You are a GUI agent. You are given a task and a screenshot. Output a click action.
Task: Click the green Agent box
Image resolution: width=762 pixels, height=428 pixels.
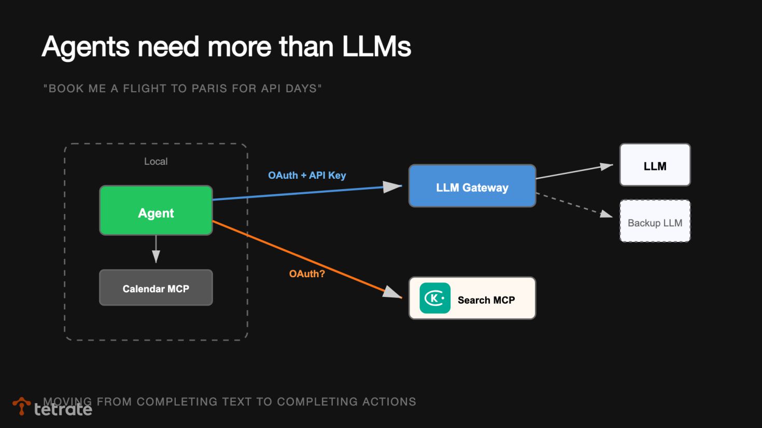pos(156,210)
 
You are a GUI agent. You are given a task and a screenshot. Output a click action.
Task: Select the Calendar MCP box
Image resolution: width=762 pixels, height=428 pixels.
pos(156,288)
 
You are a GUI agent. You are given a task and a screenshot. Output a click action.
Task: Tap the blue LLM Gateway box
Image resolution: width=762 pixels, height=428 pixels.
pos(472,186)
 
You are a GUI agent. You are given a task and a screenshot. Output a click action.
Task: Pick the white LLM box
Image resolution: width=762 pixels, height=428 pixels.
pos(655,165)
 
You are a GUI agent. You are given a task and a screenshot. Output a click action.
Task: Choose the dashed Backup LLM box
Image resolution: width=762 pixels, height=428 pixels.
pos(655,221)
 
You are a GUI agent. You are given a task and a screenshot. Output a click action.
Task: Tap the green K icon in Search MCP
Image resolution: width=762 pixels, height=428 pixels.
pos(435,298)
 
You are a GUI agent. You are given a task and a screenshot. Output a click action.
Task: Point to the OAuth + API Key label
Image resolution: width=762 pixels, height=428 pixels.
pos(307,175)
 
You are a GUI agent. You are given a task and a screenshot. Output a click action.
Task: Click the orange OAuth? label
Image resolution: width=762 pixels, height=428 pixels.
pos(307,274)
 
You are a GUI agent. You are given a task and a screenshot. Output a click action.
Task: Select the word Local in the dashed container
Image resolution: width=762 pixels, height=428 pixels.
pos(156,161)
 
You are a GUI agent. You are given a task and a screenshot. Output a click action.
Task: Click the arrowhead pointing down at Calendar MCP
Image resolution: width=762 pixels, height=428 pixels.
pos(156,255)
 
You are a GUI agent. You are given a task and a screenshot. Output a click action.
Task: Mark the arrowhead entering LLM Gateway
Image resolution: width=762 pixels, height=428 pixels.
pos(392,187)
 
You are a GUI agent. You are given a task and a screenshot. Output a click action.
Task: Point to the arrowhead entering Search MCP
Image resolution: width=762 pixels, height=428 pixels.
pos(392,293)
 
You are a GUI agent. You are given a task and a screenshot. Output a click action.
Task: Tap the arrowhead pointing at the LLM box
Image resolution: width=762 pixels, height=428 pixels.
pos(606,166)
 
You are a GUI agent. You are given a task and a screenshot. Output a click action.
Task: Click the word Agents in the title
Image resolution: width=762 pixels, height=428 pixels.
pos(86,47)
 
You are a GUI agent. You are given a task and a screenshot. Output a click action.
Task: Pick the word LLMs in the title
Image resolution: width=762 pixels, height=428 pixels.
pos(376,47)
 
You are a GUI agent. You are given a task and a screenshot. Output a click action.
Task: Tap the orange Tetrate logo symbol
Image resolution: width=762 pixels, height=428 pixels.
pos(21,406)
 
